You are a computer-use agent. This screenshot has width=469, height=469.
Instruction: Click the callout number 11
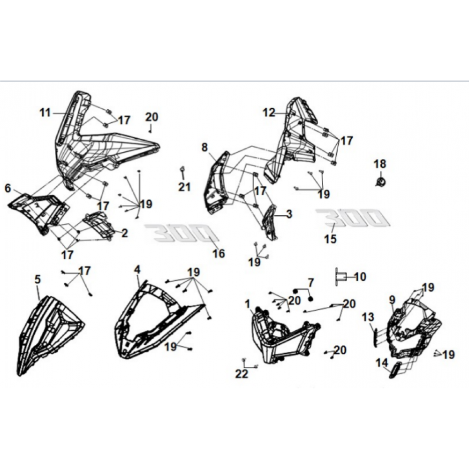click(x=45, y=113)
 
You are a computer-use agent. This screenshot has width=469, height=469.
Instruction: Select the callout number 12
click(x=269, y=113)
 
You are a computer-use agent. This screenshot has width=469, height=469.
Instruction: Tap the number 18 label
click(x=380, y=164)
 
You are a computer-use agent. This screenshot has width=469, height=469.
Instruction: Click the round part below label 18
click(x=381, y=181)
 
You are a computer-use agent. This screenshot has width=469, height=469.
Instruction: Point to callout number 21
click(x=184, y=187)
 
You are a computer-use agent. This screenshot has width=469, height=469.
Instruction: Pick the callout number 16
click(x=219, y=254)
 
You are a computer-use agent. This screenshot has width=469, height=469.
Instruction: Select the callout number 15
click(x=331, y=239)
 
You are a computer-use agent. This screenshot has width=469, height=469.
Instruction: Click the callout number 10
click(x=360, y=277)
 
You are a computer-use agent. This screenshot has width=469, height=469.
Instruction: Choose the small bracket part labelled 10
click(x=340, y=277)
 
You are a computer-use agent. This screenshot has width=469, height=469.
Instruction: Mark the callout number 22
click(x=242, y=374)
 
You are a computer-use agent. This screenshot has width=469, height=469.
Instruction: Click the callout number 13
click(x=368, y=317)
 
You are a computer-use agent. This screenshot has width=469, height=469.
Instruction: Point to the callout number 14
click(x=382, y=363)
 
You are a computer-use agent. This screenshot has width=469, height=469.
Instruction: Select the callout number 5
click(x=38, y=280)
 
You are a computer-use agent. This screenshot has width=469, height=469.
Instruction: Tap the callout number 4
click(x=137, y=270)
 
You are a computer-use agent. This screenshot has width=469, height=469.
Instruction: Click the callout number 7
click(x=311, y=282)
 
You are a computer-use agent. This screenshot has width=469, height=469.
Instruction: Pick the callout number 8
click(x=204, y=147)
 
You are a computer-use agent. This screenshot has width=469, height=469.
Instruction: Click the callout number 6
click(x=8, y=188)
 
